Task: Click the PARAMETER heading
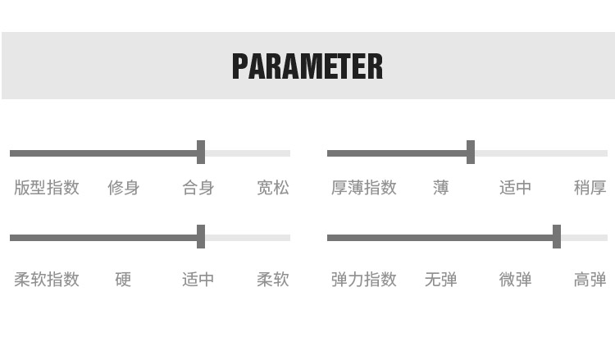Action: point(307,66)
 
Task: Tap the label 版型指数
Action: point(47,188)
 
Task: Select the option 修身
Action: point(124,188)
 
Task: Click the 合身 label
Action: point(198,188)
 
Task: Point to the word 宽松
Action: point(273,188)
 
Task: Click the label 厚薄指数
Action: point(364,188)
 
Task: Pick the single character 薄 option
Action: point(441,188)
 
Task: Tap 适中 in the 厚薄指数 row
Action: point(516,188)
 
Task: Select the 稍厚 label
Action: point(590,188)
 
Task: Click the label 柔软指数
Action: point(47,280)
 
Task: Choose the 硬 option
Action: point(124,280)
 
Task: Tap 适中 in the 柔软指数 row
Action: point(198,280)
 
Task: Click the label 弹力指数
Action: point(364,280)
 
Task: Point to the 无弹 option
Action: point(441,280)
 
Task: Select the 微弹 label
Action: point(516,280)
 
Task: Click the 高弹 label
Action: point(590,280)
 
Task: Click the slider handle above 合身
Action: point(201,153)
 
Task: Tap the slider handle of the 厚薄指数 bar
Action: point(471,153)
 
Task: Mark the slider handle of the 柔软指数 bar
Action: point(201,237)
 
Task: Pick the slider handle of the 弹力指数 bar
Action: point(557,237)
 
